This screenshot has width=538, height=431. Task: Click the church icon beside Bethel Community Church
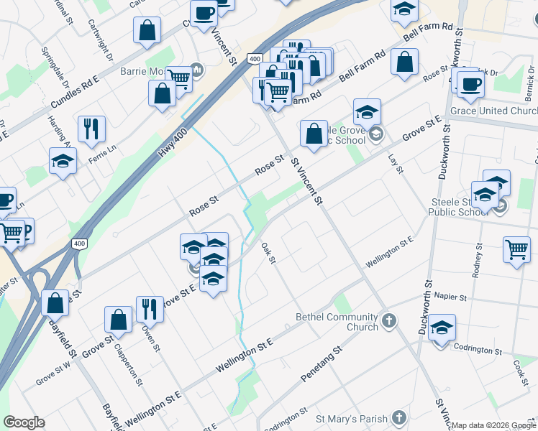point(388,320)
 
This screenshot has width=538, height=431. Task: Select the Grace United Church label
point(494,111)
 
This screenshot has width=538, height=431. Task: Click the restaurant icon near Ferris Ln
point(91,129)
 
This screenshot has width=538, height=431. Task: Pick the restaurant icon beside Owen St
point(150,310)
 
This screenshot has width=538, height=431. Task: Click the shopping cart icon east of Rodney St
point(517,250)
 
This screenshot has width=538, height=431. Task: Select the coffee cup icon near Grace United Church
point(470,85)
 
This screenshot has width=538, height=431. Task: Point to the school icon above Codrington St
point(442,328)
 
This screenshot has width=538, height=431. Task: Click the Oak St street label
point(269,253)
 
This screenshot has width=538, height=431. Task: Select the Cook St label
point(521,368)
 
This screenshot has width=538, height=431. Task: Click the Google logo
point(24,422)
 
